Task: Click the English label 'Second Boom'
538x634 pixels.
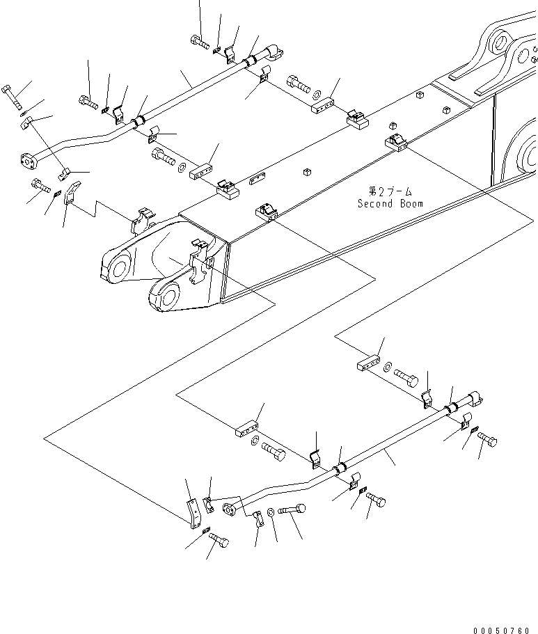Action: pos(390,204)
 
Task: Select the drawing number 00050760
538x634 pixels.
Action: pos(500,631)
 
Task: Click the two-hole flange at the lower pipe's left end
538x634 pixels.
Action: pos(229,511)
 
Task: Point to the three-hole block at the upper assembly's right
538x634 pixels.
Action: pos(322,106)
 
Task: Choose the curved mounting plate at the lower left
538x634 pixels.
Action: pos(194,512)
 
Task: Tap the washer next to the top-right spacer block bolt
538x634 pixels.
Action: pos(387,365)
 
